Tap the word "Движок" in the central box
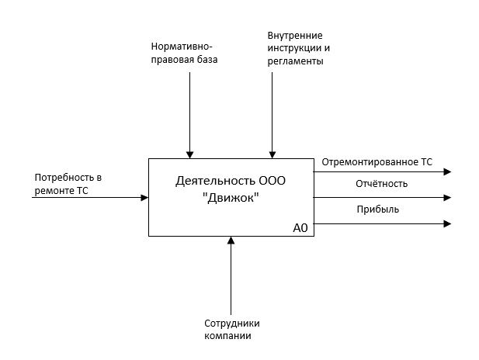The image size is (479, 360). (x=231, y=198)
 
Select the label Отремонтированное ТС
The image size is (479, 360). (x=377, y=162)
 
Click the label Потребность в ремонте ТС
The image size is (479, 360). (x=68, y=184)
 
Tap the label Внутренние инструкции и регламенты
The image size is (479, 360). (x=296, y=48)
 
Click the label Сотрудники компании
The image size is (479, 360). (x=231, y=330)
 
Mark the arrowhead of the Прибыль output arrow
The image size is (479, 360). (x=447, y=223)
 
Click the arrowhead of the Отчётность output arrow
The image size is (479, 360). (x=447, y=198)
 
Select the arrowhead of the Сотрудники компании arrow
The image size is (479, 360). (x=231, y=241)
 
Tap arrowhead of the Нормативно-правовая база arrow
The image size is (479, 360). (x=189, y=154)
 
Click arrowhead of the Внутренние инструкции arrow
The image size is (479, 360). (x=272, y=154)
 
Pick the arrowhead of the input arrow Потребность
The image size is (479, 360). (x=144, y=198)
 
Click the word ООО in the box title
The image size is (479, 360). (x=272, y=182)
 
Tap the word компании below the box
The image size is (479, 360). (x=228, y=336)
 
